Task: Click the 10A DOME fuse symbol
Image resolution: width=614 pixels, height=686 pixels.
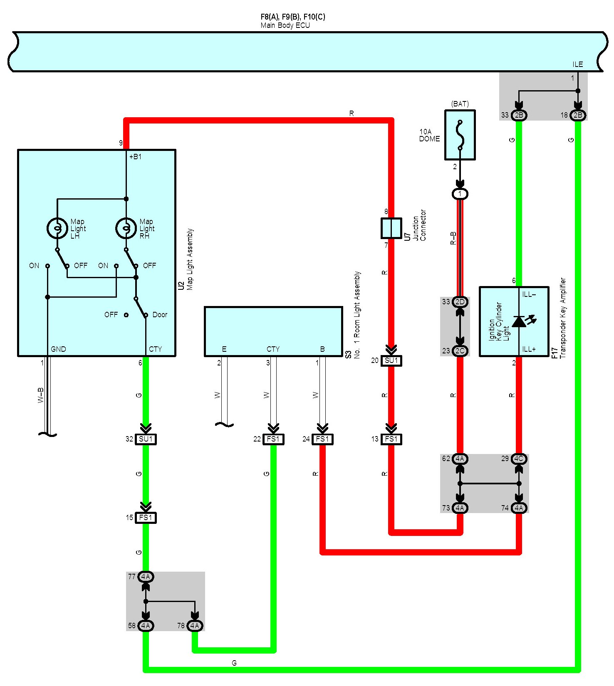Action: [460, 135]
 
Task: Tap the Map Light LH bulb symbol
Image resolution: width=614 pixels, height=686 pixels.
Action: [57, 228]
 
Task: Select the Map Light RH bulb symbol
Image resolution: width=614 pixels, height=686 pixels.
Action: [126, 228]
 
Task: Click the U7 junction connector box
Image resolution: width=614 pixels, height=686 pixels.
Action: [391, 228]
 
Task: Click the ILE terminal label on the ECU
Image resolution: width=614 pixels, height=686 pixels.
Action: [578, 64]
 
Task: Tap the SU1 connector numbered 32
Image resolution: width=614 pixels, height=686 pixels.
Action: [146, 439]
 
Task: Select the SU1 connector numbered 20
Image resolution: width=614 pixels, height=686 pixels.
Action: [391, 360]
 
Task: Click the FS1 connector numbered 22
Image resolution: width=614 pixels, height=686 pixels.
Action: [273, 439]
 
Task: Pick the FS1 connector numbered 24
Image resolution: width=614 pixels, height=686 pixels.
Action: [322, 439]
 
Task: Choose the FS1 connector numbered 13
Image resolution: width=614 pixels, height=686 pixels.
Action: [391, 439]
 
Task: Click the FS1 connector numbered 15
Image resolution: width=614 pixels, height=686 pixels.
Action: [146, 518]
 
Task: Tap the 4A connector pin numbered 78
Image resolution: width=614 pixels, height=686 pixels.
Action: [195, 626]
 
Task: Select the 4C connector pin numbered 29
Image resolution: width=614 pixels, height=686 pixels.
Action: [519, 459]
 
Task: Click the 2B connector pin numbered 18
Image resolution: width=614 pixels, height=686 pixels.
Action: [578, 115]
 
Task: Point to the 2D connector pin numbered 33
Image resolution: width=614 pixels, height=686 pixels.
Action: [460, 302]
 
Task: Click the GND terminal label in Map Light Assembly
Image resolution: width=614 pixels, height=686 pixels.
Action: [58, 349]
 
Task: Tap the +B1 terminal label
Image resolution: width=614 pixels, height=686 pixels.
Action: [135, 157]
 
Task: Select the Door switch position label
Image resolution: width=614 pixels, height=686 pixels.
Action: [160, 315]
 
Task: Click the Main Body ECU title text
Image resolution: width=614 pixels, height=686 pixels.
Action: [285, 25]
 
